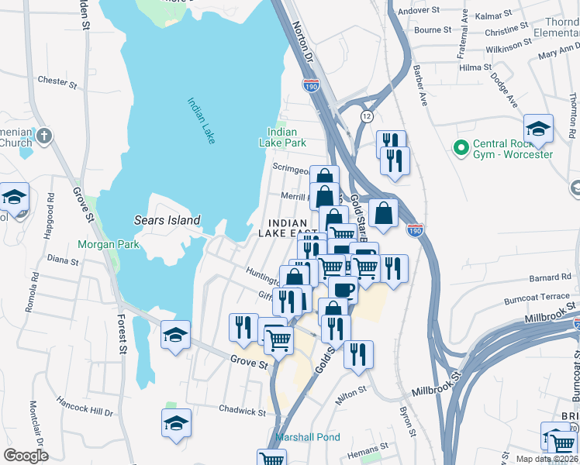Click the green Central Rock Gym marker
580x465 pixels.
tap(461, 146)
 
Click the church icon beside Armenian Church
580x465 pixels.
tap(45, 136)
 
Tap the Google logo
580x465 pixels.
tap(26, 455)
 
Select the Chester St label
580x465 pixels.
tap(53, 81)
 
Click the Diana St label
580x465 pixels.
tap(63, 260)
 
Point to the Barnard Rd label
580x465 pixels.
tap(550, 277)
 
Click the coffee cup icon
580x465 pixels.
tap(343, 290)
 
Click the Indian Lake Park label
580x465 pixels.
tap(282, 137)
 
